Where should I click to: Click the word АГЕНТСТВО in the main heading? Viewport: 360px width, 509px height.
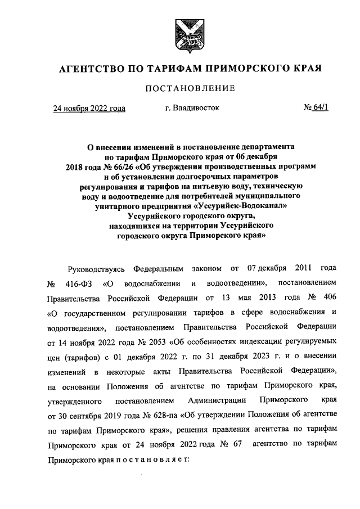pyautogui.click(x=91, y=69)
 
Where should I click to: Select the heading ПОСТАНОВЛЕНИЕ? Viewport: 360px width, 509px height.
pyautogui.click(x=190, y=89)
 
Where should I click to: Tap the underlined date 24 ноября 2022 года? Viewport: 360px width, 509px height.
pyautogui.click(x=89, y=108)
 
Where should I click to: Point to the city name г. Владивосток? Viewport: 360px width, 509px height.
pyautogui.click(x=192, y=107)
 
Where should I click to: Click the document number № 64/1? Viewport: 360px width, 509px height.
pyautogui.click(x=316, y=107)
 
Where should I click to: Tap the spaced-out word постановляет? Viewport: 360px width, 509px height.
pyautogui.click(x=154, y=459)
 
